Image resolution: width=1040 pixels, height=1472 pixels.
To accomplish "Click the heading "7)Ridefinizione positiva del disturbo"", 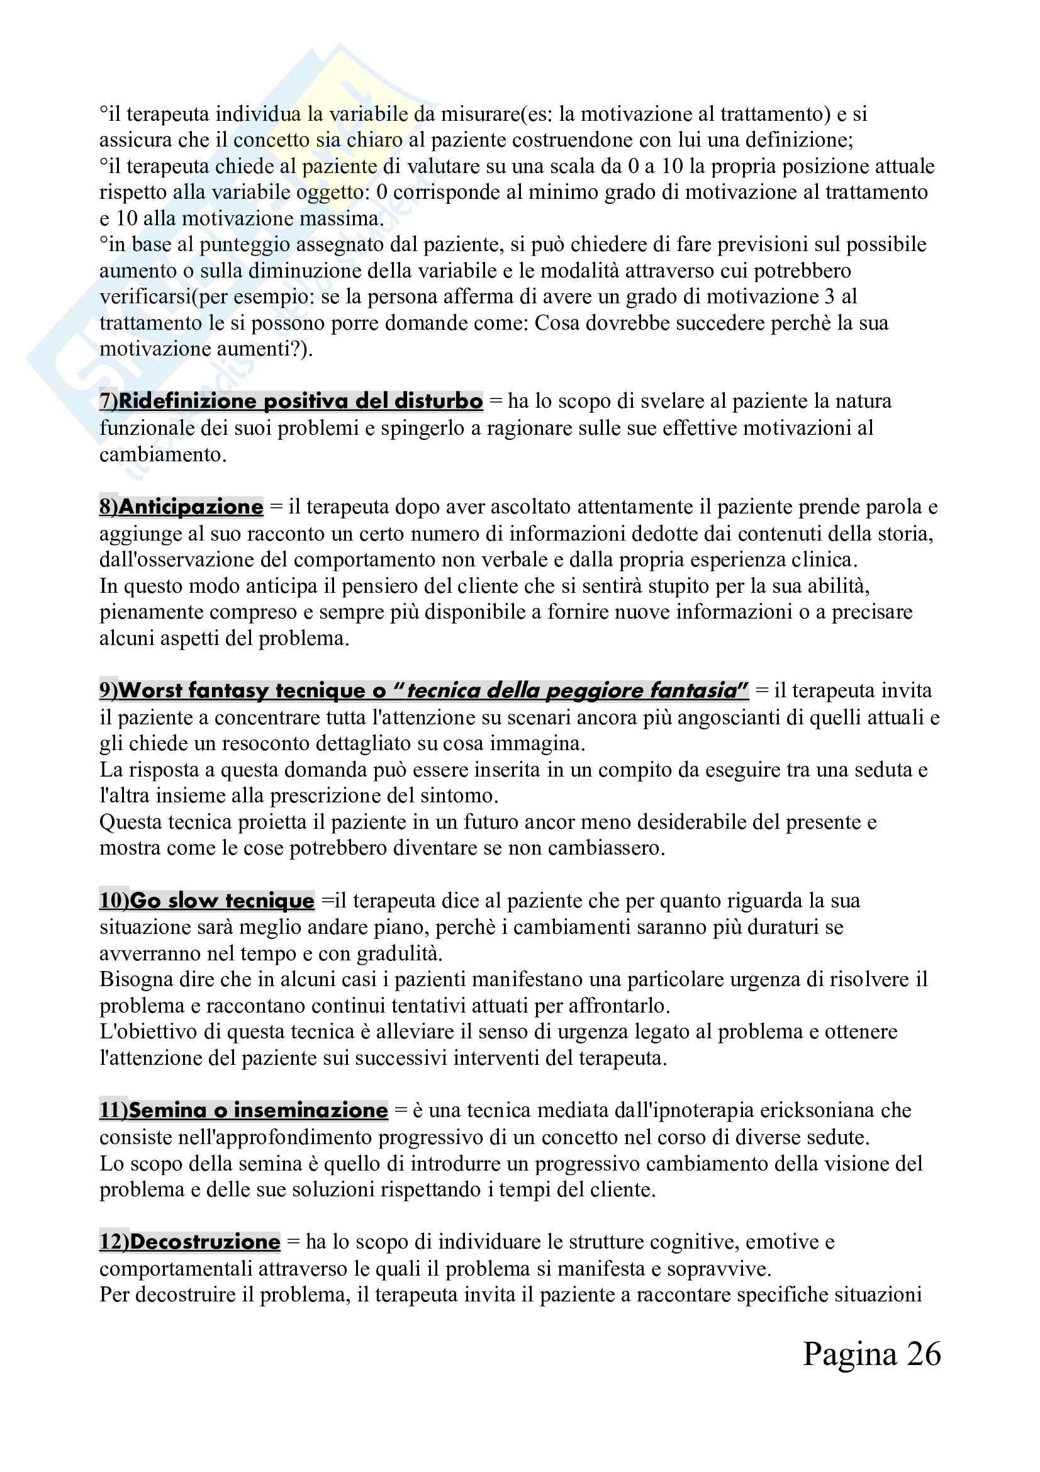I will (290, 401).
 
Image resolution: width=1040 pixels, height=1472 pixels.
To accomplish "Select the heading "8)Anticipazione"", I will (181, 507).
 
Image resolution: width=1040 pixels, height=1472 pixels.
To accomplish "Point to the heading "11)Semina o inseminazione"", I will (243, 1110).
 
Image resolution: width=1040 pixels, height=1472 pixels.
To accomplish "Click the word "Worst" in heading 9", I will (151, 690).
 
